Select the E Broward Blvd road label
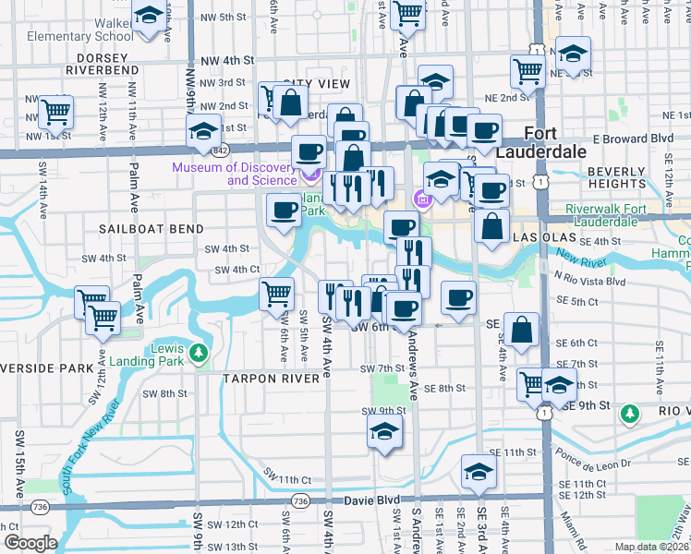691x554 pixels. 633,138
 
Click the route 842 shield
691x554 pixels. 219,150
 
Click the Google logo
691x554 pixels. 30,542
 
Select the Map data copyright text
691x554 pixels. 653,547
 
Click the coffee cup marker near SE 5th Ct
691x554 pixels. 458,297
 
